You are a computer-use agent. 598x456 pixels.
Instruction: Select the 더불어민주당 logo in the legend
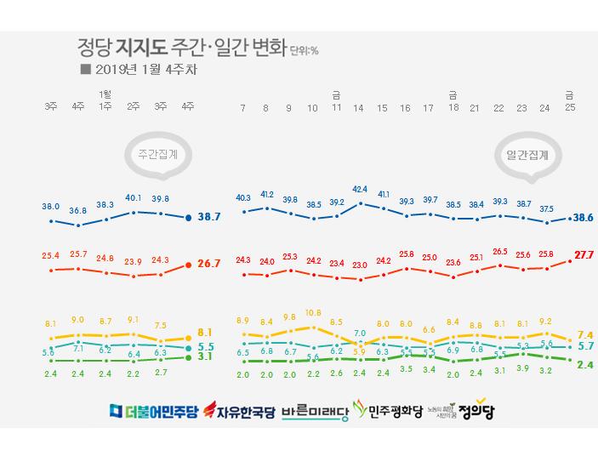(152, 413)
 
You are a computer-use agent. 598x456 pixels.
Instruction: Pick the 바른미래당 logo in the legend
(315, 413)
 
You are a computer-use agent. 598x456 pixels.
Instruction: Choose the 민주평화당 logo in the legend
(389, 413)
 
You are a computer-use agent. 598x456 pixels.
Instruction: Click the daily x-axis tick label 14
(359, 109)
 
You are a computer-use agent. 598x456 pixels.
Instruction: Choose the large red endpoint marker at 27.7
(569, 261)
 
